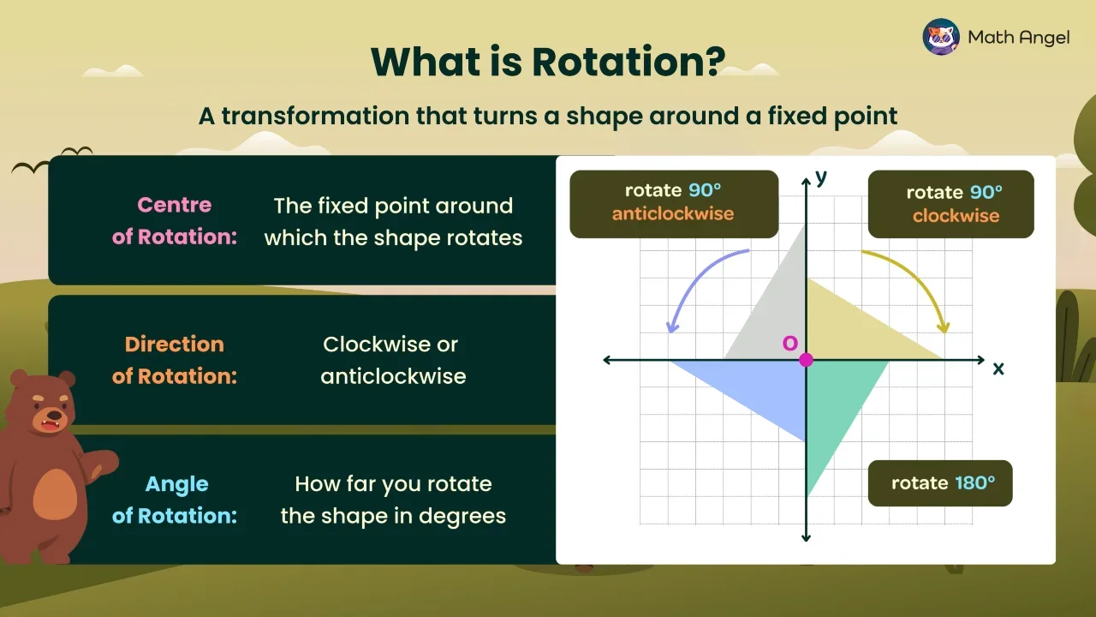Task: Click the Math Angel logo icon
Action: tap(940, 37)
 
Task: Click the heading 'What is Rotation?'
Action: tap(548, 62)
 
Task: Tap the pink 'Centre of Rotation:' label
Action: tap(175, 221)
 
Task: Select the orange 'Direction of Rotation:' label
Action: tap(175, 360)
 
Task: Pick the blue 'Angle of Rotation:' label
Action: tap(175, 500)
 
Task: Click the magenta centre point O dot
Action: tap(806, 360)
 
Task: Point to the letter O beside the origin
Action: tap(789, 343)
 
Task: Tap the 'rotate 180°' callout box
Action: tap(940, 483)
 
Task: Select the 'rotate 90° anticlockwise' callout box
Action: tap(673, 203)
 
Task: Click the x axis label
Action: tap(998, 368)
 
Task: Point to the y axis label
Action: tap(821, 177)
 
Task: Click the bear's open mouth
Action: tap(49, 422)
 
